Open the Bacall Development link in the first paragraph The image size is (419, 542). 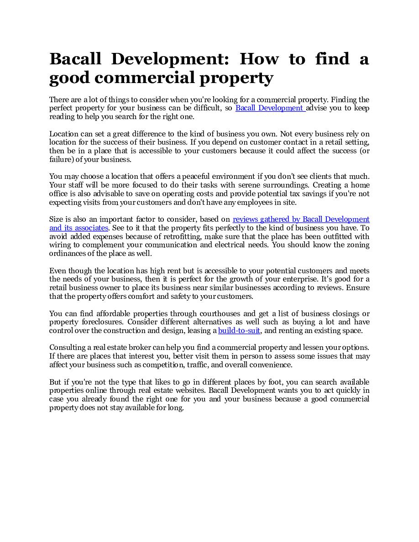(x=270, y=108)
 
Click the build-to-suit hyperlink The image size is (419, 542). (x=239, y=331)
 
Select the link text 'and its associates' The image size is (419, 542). (x=79, y=228)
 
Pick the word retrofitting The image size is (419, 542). (x=183, y=236)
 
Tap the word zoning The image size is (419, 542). (x=359, y=245)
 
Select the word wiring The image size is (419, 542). (x=60, y=245)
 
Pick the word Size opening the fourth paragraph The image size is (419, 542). (x=56, y=219)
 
